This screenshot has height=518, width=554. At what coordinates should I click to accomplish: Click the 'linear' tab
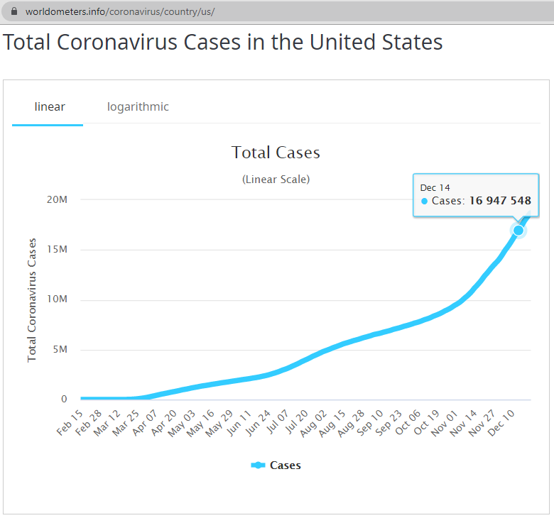50,107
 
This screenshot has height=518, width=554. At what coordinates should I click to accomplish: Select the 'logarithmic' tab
138,107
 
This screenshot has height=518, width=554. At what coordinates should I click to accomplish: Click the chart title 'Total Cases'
276,153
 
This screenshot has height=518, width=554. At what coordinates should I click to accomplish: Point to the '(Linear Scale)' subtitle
276,180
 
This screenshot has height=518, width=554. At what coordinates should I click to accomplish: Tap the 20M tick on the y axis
57,199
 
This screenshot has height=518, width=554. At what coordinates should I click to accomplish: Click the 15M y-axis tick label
57,250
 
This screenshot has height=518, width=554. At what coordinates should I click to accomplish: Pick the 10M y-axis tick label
57,299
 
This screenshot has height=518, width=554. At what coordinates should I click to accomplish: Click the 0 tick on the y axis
64,399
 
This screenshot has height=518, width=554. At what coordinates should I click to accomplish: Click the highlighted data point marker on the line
518,230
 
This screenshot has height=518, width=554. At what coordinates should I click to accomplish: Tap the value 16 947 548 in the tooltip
500,201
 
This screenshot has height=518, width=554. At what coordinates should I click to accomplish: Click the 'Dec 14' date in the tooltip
435,187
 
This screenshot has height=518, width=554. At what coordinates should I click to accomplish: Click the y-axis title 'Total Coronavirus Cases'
32,299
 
